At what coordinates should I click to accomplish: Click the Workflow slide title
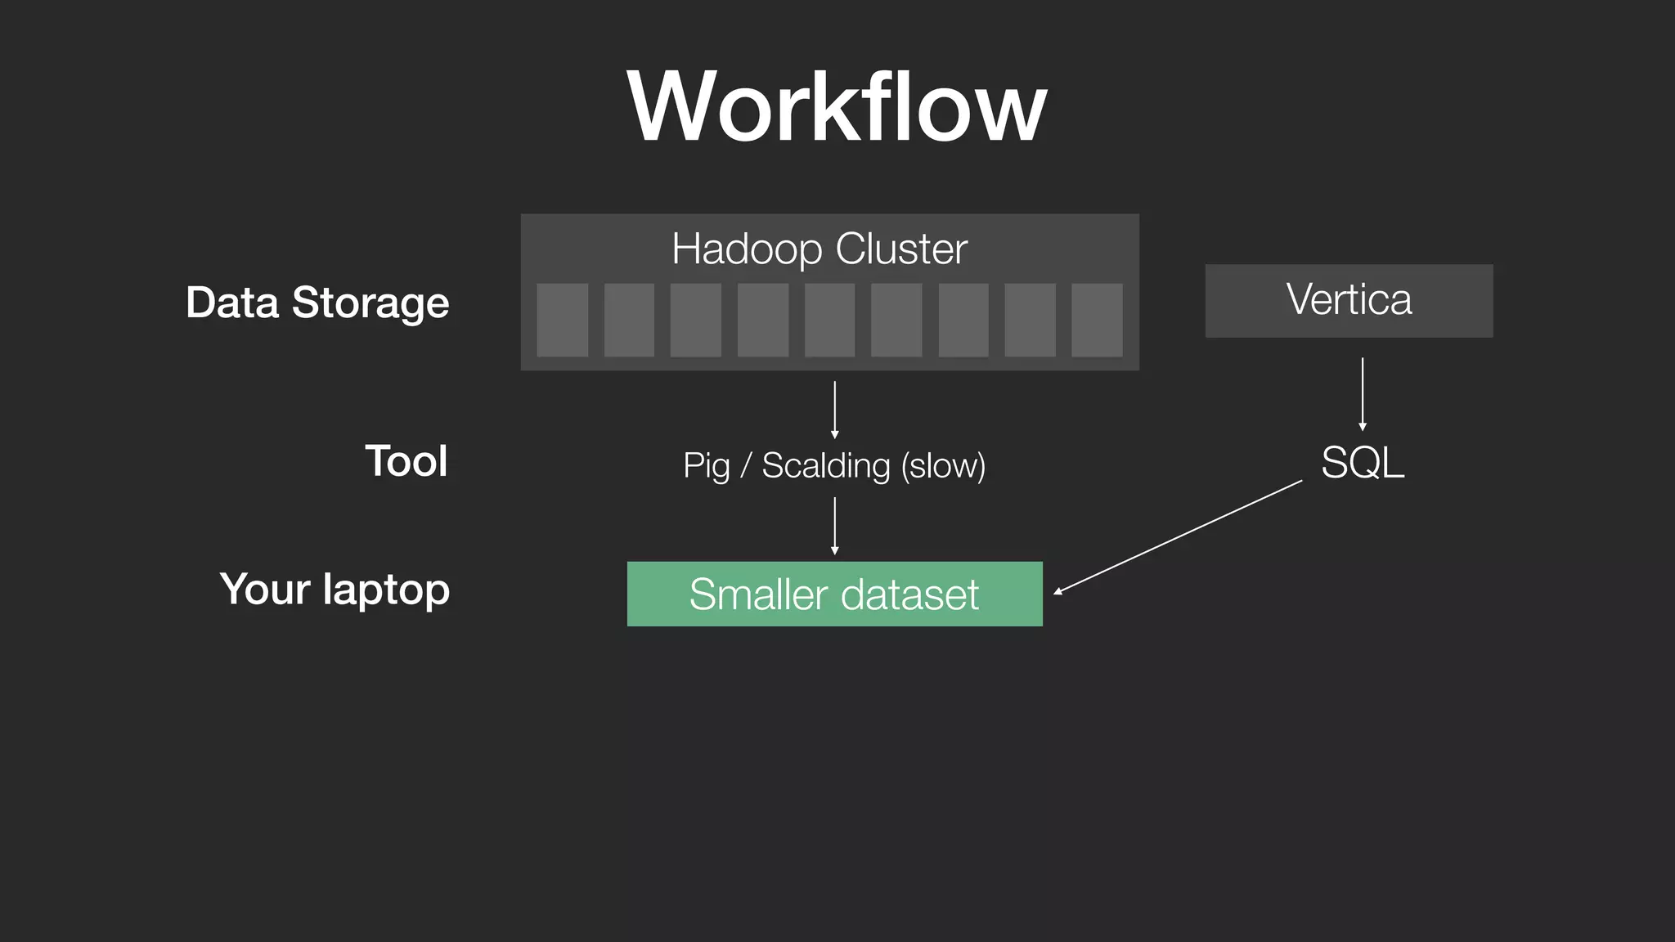coord(837,107)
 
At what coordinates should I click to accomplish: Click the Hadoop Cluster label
coord(820,249)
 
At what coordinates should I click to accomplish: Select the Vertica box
coord(1349,300)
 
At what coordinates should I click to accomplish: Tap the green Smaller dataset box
coord(834,594)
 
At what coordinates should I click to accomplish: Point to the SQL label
coord(1363,463)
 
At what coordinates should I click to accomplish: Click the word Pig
coord(706,466)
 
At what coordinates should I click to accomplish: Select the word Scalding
coord(825,466)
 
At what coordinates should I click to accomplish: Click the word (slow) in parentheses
coord(943,466)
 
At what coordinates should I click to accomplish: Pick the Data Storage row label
coord(317,303)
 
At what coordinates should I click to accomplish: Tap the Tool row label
coord(406,461)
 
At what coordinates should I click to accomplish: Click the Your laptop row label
coord(335,590)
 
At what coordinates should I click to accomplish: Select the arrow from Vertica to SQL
coord(1363,393)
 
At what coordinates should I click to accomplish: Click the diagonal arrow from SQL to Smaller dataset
coord(1178,537)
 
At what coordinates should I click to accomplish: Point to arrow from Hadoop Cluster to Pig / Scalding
coord(834,409)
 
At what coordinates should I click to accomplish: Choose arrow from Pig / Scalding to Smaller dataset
coord(834,526)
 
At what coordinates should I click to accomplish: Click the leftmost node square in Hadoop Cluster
coord(563,320)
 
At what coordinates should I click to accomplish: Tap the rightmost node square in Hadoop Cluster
coord(1097,320)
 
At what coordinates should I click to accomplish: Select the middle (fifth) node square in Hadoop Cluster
coord(829,320)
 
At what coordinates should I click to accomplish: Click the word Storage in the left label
coord(370,303)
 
